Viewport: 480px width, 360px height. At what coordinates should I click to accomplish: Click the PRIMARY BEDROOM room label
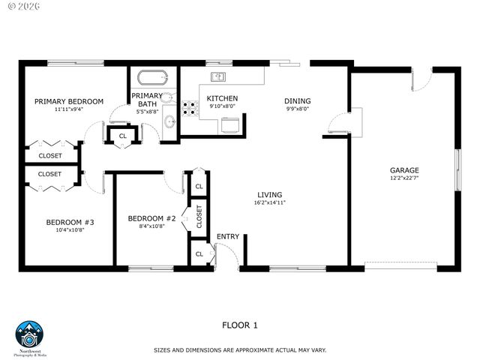(69, 101)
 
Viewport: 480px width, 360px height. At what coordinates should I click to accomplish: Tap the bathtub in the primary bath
(153, 78)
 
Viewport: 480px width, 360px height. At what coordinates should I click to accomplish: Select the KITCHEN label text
(223, 99)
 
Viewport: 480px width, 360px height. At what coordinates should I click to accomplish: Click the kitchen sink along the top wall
(219, 76)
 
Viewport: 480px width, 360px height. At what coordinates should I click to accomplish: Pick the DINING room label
(297, 101)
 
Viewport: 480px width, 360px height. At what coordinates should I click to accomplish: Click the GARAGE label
(403, 170)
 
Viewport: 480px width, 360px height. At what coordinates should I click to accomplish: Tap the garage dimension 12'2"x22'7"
(403, 178)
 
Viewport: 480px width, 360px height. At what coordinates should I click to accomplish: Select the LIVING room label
(270, 193)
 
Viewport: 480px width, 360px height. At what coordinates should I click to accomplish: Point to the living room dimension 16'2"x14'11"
(270, 202)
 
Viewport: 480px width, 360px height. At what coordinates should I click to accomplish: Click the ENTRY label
(228, 237)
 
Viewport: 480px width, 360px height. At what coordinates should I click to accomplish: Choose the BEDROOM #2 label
(151, 218)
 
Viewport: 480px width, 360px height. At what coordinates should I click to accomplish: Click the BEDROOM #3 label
(70, 222)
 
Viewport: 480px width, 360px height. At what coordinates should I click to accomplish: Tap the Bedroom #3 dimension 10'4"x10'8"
(70, 230)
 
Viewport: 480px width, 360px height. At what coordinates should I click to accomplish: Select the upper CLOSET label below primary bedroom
(50, 156)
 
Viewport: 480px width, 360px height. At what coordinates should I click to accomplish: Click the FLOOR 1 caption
(240, 325)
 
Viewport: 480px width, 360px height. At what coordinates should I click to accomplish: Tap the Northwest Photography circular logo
(30, 335)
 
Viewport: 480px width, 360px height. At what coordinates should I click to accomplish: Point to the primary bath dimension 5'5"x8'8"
(147, 112)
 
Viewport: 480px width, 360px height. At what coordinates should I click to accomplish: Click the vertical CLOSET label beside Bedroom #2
(199, 216)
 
